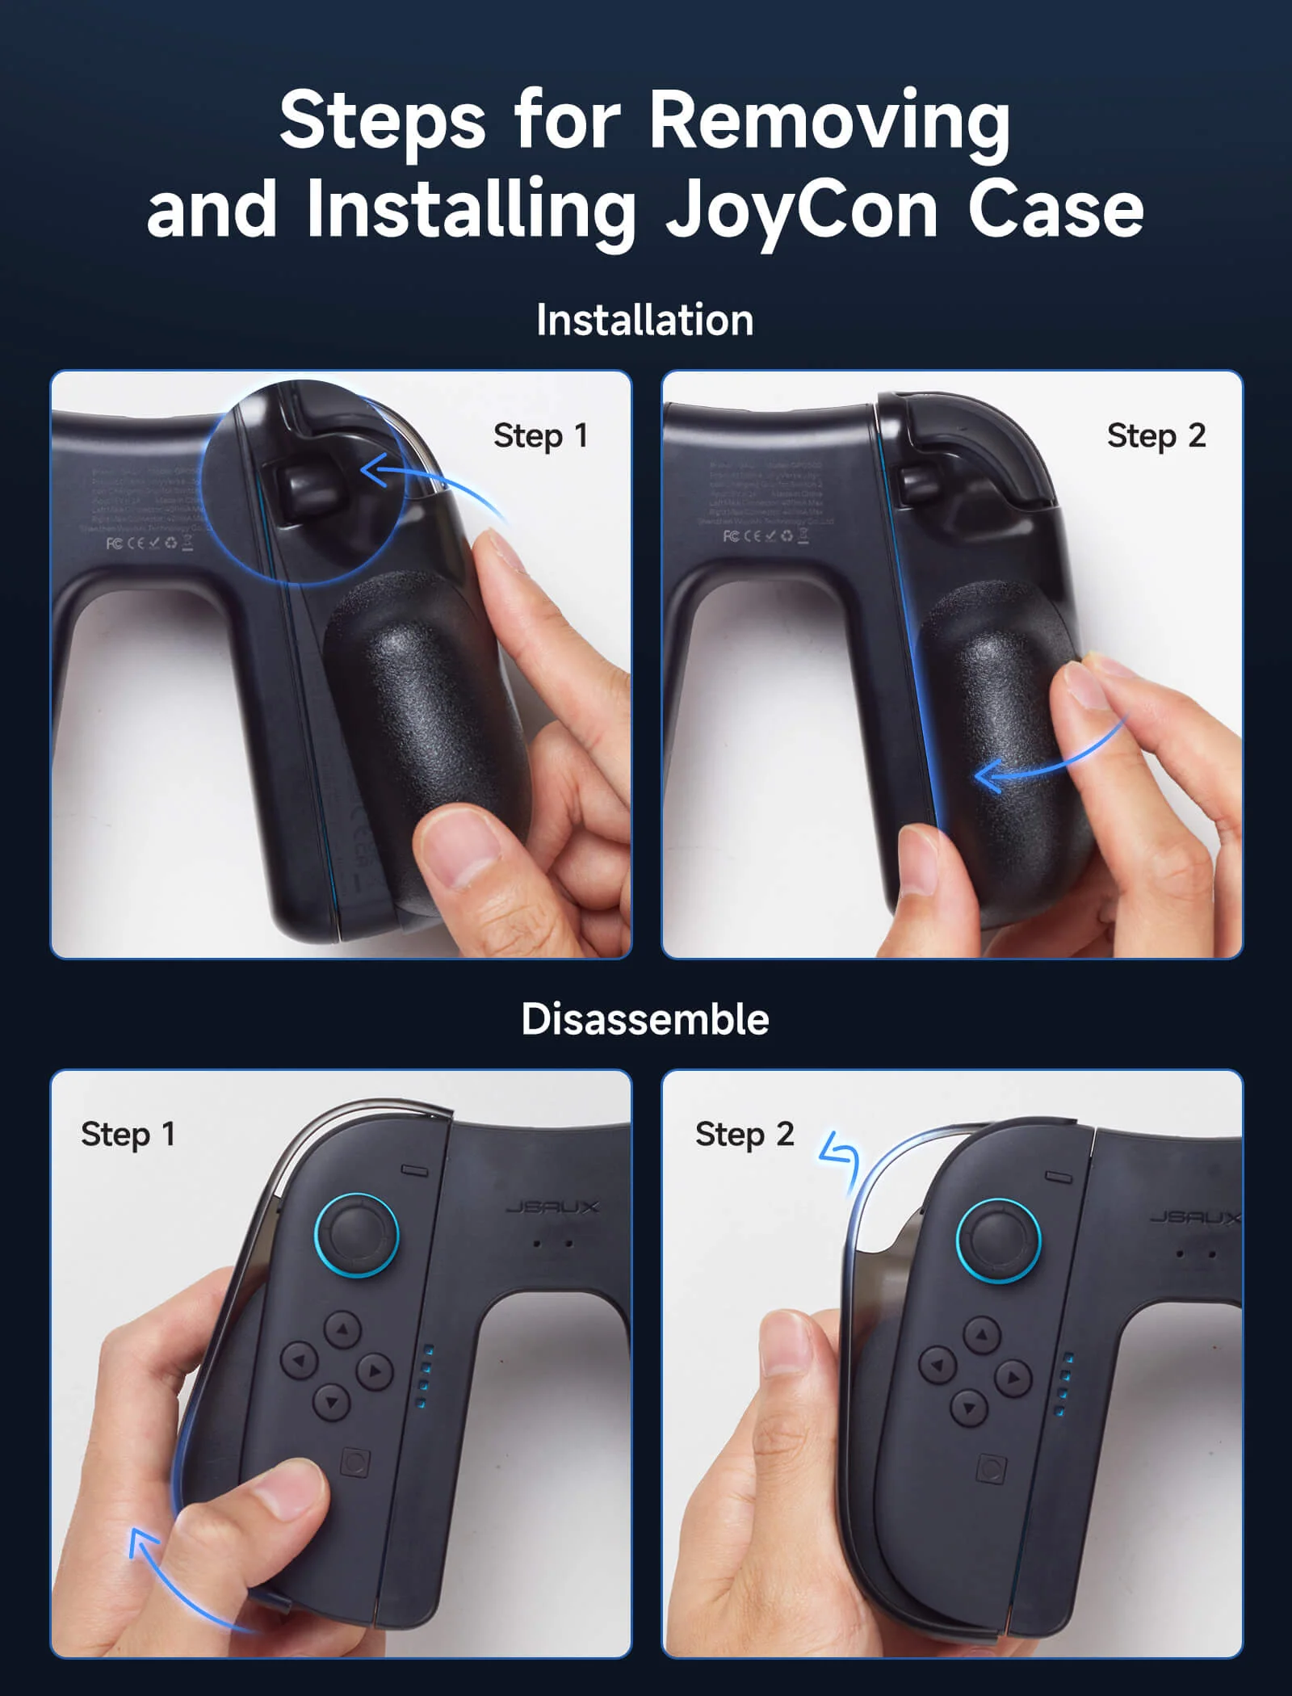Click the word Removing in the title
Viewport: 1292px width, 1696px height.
coord(829,121)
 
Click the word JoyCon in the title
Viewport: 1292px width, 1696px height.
coord(800,212)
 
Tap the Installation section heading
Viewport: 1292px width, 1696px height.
coord(644,320)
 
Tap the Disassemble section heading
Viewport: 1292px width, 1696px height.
coord(644,1019)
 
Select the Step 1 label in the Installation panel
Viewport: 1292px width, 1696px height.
coord(540,436)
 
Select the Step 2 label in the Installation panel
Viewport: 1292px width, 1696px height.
coord(1156,436)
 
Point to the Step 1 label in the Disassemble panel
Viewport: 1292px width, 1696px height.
coord(128,1135)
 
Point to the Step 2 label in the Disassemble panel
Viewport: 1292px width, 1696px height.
coord(745,1135)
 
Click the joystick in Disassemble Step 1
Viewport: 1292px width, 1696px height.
coord(356,1235)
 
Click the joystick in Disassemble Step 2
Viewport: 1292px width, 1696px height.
coord(999,1241)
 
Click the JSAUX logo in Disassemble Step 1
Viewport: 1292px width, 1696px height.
coord(552,1207)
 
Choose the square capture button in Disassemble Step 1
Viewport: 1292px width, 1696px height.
coord(355,1463)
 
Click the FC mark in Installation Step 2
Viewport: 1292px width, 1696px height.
coord(730,536)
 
